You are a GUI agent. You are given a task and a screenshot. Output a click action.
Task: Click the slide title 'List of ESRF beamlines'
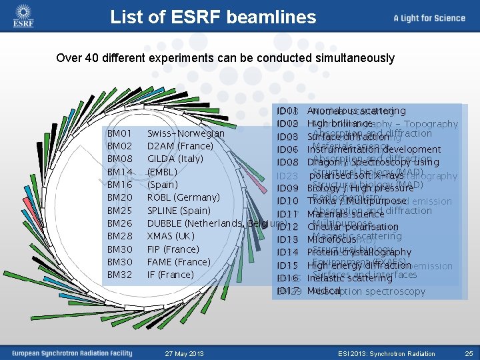[x=213, y=17]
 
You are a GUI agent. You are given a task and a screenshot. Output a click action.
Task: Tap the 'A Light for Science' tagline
[x=429, y=18]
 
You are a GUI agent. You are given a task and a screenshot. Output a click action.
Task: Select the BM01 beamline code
[x=120, y=133]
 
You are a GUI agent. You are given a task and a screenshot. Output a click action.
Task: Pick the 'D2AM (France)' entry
[x=180, y=146]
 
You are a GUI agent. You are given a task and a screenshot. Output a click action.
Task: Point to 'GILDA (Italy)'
[x=175, y=159]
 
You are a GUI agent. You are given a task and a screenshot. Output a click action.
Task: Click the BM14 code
[x=120, y=172]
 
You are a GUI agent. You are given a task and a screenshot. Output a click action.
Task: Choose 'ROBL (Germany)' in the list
[x=183, y=197]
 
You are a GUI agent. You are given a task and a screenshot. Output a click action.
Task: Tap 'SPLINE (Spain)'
[x=178, y=211]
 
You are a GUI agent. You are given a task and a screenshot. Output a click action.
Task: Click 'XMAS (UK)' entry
[x=171, y=236]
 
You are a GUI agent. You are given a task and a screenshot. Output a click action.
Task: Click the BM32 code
[x=120, y=275]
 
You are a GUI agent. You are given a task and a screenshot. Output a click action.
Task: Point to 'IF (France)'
[x=170, y=275]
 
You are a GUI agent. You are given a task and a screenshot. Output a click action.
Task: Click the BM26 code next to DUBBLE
[x=120, y=223]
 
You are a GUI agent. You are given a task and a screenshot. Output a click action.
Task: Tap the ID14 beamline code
[x=287, y=253]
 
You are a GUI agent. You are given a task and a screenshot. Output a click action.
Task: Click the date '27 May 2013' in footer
[x=185, y=353]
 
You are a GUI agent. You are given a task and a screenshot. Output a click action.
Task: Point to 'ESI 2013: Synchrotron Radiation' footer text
[x=386, y=353]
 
